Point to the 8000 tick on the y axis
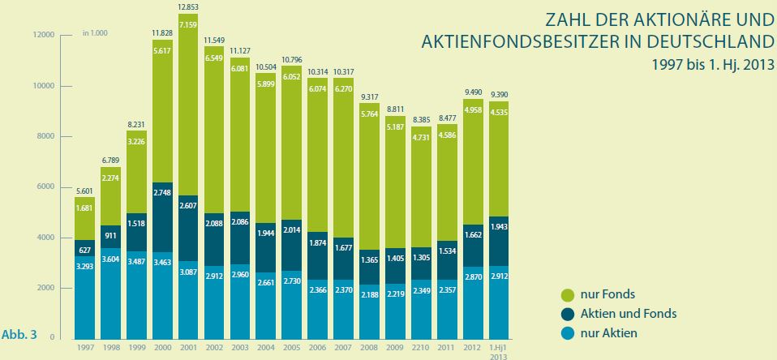pyautogui.click(x=44, y=136)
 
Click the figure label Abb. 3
pyautogui.click(x=21, y=332)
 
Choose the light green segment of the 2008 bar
pyautogui.click(x=370, y=186)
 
